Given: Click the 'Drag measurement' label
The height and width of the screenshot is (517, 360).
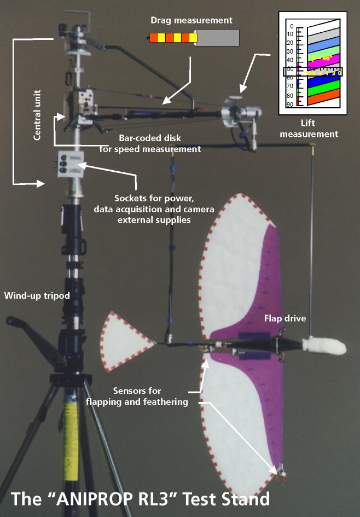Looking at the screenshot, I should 191,20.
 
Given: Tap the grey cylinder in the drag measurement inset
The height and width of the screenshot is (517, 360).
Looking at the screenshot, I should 218,38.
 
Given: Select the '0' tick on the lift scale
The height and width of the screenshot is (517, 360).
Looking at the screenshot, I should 292,26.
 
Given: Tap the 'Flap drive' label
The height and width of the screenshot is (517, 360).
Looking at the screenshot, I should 285,318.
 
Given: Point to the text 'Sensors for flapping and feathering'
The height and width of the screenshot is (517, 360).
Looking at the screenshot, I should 137,396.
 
